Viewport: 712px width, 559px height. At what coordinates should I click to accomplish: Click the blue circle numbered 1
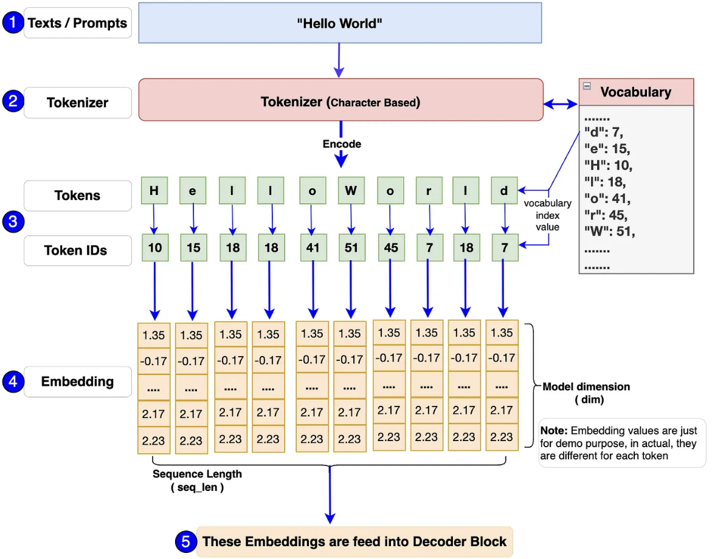point(13,22)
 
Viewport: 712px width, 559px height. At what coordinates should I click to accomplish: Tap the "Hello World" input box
point(340,22)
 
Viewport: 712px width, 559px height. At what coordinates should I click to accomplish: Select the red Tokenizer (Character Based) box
point(340,100)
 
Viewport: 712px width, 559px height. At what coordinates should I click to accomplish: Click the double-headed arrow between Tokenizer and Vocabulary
point(561,105)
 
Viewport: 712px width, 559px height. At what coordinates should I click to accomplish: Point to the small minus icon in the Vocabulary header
point(587,86)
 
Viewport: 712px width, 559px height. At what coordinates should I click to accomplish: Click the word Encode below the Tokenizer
point(342,144)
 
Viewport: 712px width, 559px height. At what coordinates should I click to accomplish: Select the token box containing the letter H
point(154,191)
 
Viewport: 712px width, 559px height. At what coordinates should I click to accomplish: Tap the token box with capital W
point(351,191)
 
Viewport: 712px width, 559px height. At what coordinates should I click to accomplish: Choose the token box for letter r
point(429,191)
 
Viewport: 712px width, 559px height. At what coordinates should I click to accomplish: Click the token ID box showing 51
point(351,248)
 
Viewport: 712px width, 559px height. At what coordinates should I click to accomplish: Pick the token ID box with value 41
point(313,248)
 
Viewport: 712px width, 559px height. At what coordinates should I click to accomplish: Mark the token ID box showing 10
point(155,248)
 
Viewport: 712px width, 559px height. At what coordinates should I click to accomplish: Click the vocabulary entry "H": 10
point(608,165)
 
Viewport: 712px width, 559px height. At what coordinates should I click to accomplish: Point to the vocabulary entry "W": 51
point(609,231)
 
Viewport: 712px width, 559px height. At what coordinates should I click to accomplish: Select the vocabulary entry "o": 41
point(607,198)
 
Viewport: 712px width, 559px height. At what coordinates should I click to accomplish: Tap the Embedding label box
point(78,382)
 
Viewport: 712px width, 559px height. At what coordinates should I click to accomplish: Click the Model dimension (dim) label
point(586,393)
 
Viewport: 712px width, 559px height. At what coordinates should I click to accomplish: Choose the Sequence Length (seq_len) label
point(197,481)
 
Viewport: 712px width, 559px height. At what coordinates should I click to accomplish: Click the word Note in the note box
point(553,431)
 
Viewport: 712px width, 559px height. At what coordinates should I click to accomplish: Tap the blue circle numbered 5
point(185,541)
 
